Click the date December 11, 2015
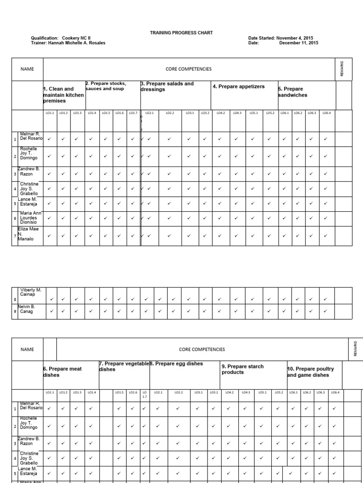coord(299,43)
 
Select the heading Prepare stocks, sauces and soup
coord(106,86)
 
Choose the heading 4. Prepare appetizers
coord(239,87)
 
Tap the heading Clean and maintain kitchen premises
coord(63,95)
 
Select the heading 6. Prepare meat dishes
coord(63,372)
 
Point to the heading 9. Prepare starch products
coord(243,369)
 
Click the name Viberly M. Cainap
coord(31,292)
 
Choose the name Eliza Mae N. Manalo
coord(28,234)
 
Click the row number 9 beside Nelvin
coord(15,312)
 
